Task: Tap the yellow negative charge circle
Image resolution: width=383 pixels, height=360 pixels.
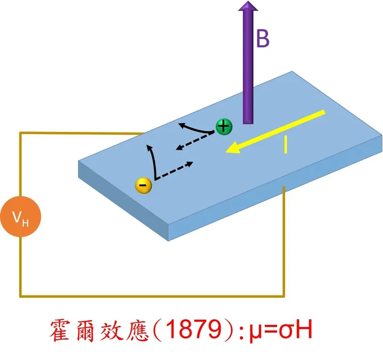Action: tap(143, 185)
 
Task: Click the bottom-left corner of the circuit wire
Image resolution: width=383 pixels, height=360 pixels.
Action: tap(21, 296)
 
